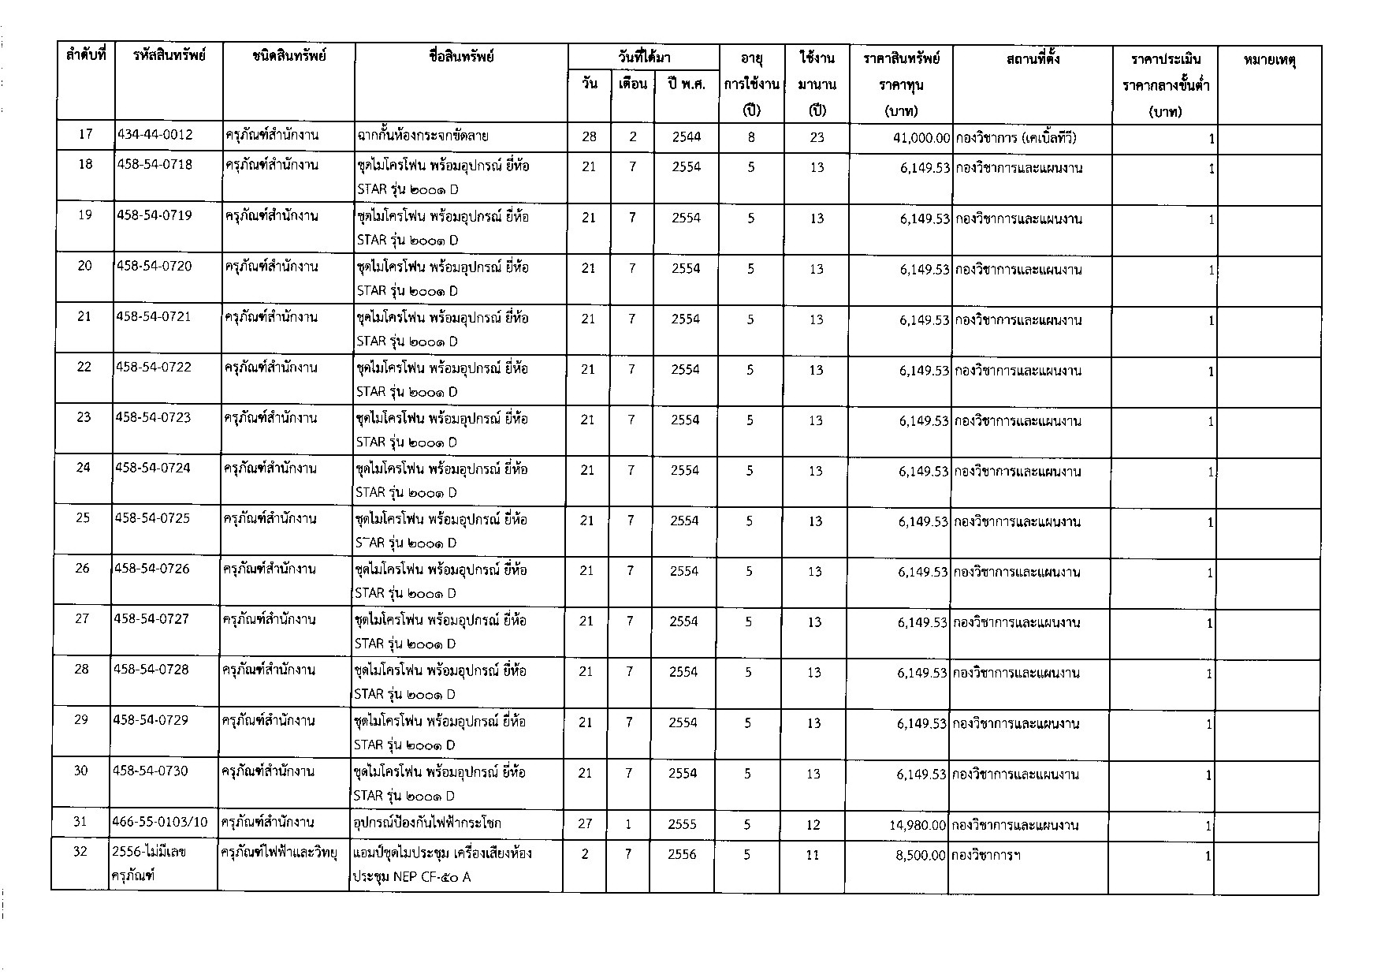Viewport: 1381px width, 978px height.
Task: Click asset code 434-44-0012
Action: [155, 135]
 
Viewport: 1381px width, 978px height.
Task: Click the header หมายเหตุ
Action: [1270, 59]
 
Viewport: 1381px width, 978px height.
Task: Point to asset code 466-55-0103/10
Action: [161, 822]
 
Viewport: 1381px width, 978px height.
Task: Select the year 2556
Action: [682, 854]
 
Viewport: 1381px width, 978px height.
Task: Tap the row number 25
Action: [83, 518]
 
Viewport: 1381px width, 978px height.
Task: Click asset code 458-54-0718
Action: [155, 165]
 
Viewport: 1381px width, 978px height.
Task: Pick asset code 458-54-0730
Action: [151, 771]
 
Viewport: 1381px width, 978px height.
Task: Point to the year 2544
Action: [687, 136]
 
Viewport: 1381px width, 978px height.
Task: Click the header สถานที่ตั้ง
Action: [1033, 58]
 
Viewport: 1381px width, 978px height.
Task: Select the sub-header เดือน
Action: [632, 84]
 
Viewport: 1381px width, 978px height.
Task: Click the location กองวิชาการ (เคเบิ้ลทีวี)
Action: [1015, 138]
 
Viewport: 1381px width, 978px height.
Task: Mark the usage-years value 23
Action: [817, 136]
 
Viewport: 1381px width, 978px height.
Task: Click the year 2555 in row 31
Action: [683, 824]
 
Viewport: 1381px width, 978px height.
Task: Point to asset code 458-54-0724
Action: [153, 468]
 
